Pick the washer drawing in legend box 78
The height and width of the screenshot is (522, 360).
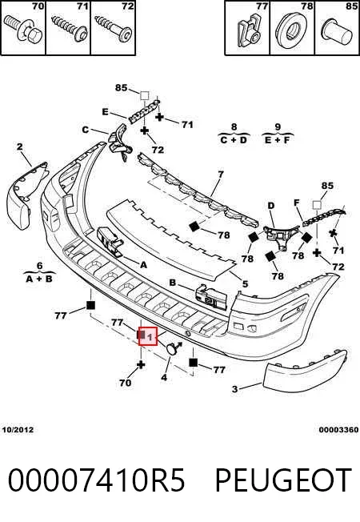[292, 30]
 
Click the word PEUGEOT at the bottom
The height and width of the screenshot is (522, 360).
[283, 480]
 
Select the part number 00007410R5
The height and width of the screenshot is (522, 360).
[96, 480]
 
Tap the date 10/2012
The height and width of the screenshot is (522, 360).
[18, 430]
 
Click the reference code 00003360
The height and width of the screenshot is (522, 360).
[338, 430]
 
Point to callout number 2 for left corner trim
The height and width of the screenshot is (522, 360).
[20, 147]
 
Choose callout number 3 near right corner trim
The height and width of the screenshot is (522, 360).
[235, 389]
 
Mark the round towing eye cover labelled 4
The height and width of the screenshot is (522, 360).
[172, 348]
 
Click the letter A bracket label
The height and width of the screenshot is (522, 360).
[143, 265]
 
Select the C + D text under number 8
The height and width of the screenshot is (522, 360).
[234, 140]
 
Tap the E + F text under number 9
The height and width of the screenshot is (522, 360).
[278, 140]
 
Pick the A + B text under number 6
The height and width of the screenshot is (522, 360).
[39, 279]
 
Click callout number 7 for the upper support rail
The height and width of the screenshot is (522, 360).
[221, 174]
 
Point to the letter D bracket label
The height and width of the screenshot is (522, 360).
[271, 206]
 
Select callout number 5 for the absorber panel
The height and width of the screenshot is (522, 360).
[246, 284]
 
